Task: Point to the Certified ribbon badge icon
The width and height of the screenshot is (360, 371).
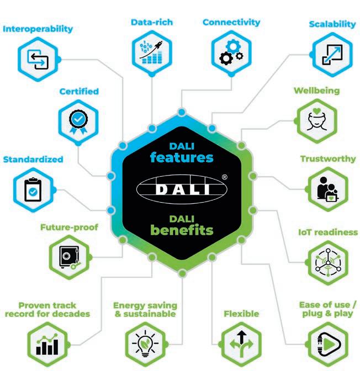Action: click(78, 118)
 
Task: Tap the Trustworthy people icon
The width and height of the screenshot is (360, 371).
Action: click(326, 188)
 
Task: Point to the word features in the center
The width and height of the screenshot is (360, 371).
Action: click(182, 157)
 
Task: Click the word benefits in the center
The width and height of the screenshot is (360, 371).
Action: click(182, 229)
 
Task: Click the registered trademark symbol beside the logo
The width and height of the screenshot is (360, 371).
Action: click(224, 177)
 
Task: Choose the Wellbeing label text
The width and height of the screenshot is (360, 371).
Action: click(316, 91)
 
